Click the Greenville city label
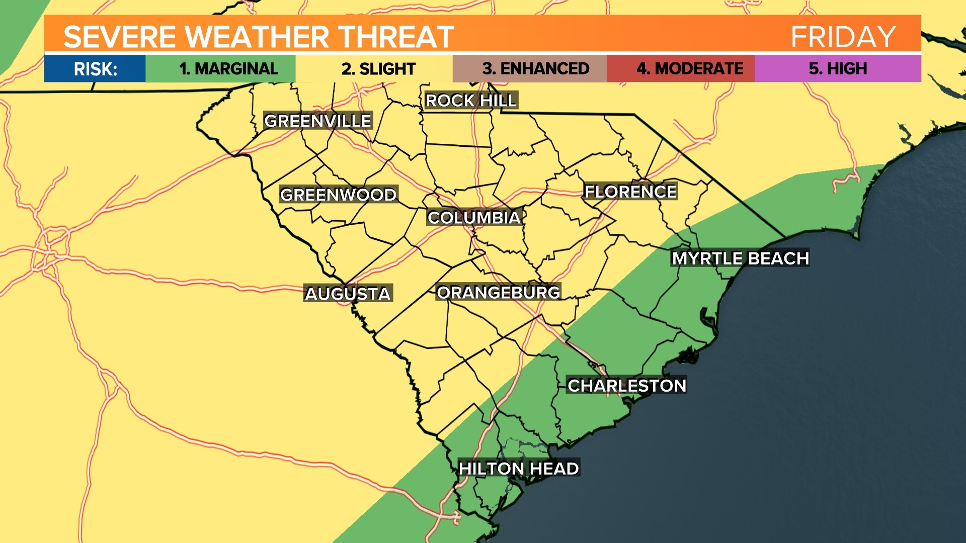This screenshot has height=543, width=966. coord(317,121)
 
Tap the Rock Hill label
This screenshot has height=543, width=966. coord(470,101)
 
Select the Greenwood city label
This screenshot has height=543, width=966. coord(338,195)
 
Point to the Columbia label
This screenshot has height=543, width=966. coord(473,218)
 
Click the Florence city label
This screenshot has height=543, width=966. coord(630,192)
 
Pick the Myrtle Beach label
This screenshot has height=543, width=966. coord(740,258)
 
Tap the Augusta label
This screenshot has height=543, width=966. coord(348,294)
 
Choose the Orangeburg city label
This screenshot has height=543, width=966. coord(498,292)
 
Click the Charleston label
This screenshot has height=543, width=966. coord(626,386)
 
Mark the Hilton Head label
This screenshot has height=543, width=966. coord(518,469)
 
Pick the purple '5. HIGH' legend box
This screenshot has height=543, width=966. coord(838,68)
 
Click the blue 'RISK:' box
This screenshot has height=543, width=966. coord(95,68)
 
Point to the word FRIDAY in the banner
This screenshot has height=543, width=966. coord(843,37)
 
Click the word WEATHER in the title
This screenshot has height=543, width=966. coord(257,37)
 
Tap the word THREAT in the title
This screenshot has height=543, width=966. coord(395,37)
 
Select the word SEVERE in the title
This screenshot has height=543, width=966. coord(119,37)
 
